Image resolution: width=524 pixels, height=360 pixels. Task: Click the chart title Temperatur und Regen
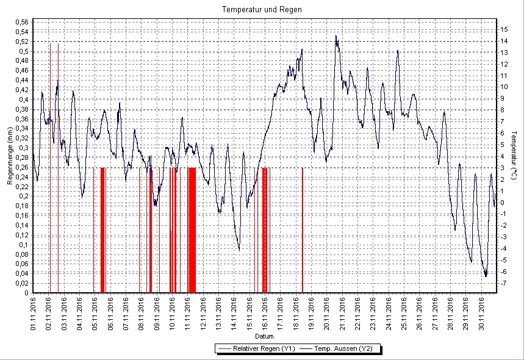tap(262, 10)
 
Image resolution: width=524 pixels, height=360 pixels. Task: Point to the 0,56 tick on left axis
tap(21, 23)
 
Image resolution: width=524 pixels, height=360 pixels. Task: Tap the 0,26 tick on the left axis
tap(21, 167)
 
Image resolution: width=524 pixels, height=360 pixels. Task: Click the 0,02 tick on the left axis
tap(21, 283)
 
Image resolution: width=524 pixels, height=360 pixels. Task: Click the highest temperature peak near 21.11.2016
tap(336, 36)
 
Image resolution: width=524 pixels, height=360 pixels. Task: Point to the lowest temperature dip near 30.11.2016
tap(486, 276)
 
